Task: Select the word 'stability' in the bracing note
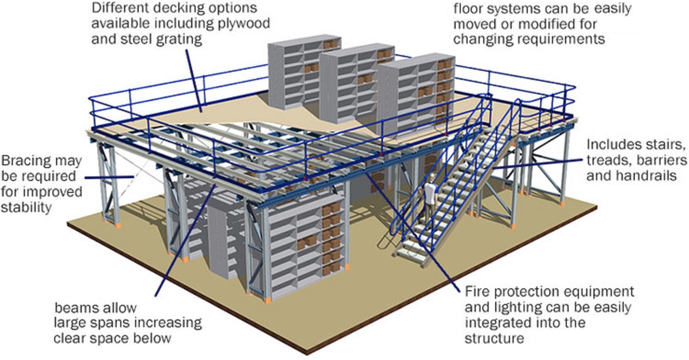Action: click(x=26, y=207)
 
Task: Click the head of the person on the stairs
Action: click(x=432, y=177)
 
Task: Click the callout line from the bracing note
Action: click(x=109, y=177)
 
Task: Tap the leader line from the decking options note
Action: click(x=193, y=80)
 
